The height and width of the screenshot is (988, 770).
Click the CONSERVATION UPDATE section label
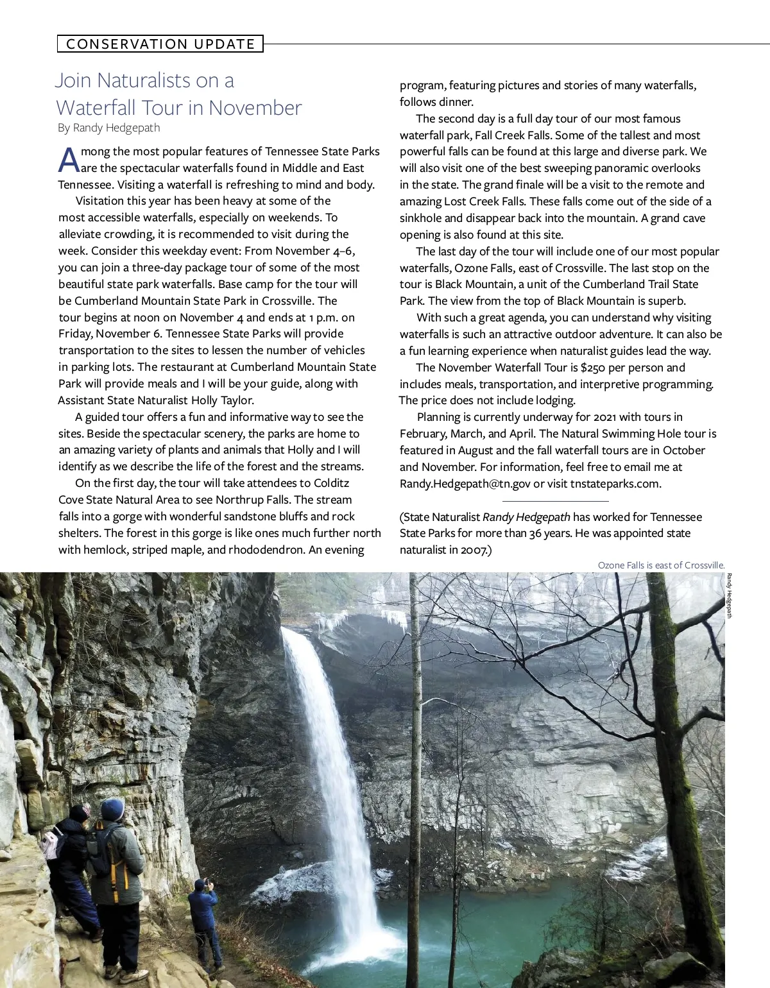[x=160, y=44]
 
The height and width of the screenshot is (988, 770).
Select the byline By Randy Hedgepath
[x=109, y=128]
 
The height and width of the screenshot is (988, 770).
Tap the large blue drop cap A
[x=68, y=160]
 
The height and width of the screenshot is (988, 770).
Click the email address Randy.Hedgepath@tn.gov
[x=465, y=484]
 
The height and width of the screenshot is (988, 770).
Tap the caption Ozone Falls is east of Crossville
[x=661, y=565]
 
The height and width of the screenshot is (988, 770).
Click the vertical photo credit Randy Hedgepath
[x=729, y=597]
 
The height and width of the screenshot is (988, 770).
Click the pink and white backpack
[x=51, y=843]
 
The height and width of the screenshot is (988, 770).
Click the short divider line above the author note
[x=555, y=501]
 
